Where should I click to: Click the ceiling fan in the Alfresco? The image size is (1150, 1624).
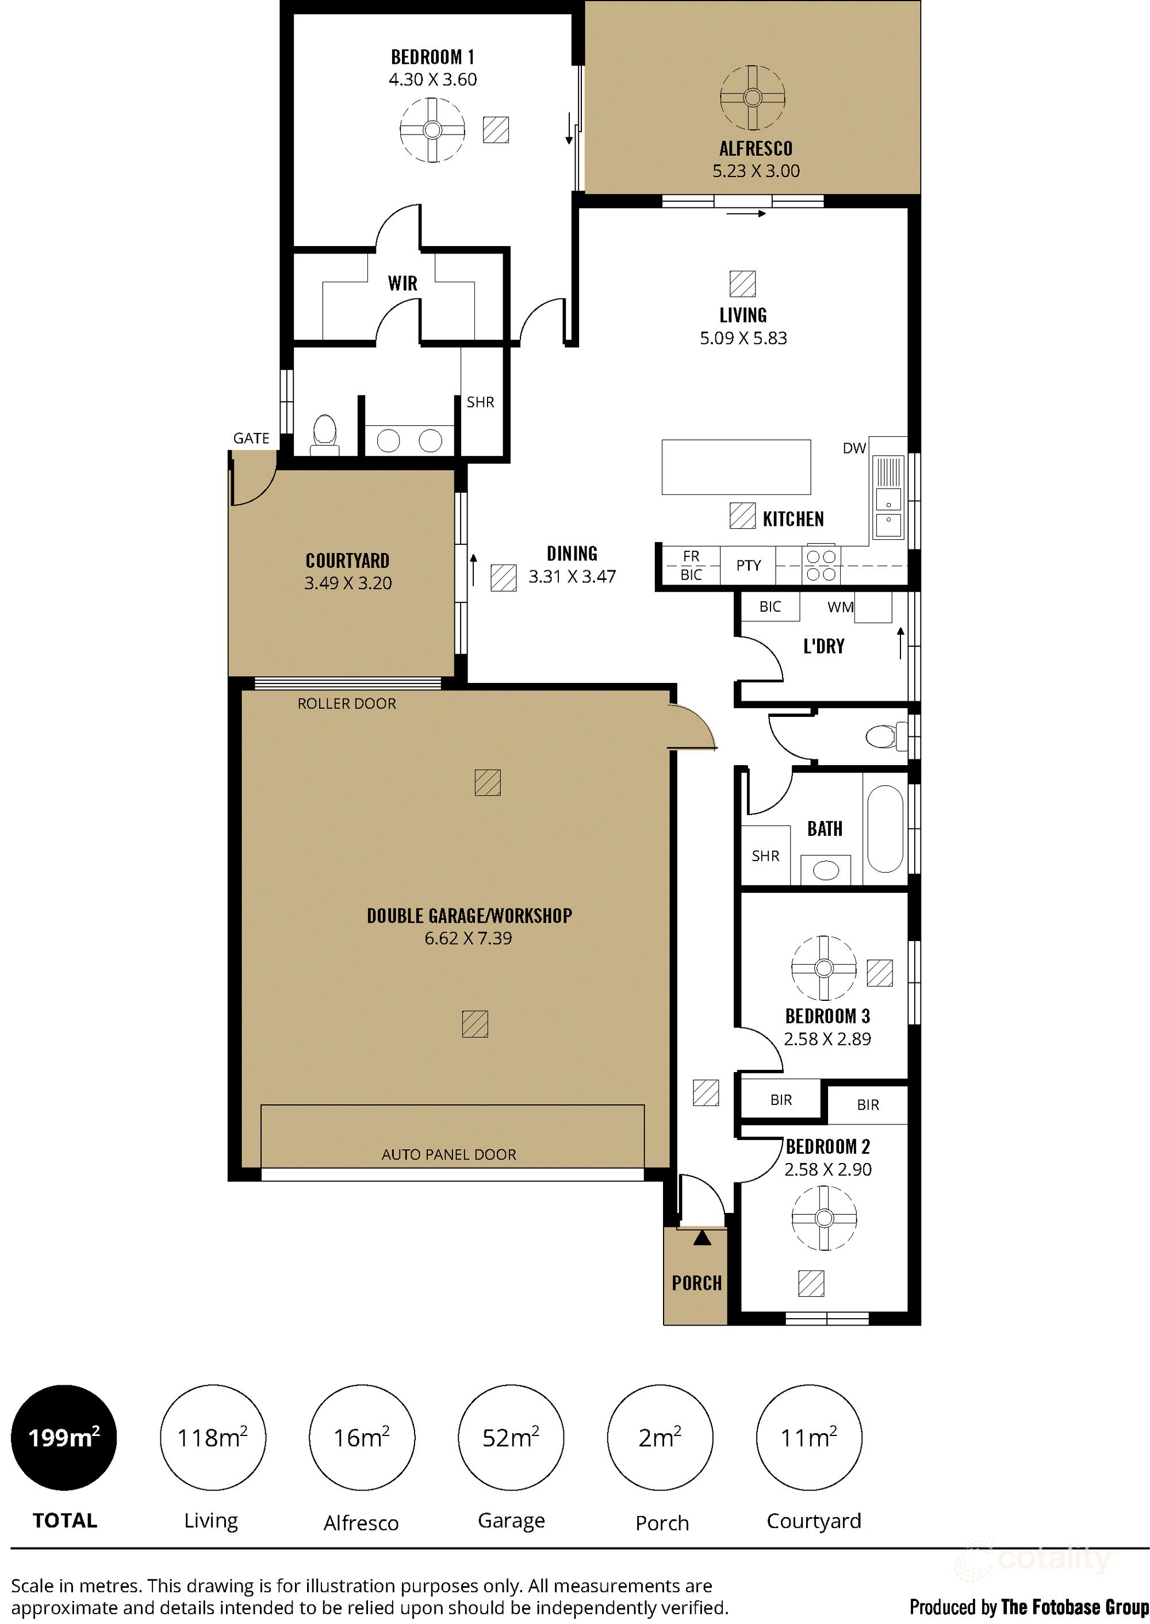[x=752, y=98]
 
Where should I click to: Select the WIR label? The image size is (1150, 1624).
[x=402, y=284]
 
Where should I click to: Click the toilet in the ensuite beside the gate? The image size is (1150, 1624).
[x=324, y=433]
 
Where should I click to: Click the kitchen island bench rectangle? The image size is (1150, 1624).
[x=736, y=467]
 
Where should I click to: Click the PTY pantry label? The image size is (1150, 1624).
[x=747, y=566]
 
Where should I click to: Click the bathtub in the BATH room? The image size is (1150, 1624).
[x=884, y=829]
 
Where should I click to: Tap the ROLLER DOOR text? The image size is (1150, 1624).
[x=346, y=704]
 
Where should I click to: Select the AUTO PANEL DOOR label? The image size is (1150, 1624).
[x=448, y=1155]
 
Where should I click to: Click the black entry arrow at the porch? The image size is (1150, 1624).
[x=701, y=1238]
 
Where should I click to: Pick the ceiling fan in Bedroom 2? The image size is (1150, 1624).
[x=823, y=1218]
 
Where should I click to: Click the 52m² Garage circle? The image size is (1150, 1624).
[x=511, y=1437]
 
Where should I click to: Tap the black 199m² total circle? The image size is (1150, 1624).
[x=64, y=1437]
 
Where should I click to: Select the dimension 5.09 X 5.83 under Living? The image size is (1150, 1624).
[x=743, y=339]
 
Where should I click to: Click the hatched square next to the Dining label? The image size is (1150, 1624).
[x=504, y=578]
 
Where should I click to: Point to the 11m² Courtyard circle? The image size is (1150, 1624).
[x=808, y=1437]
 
